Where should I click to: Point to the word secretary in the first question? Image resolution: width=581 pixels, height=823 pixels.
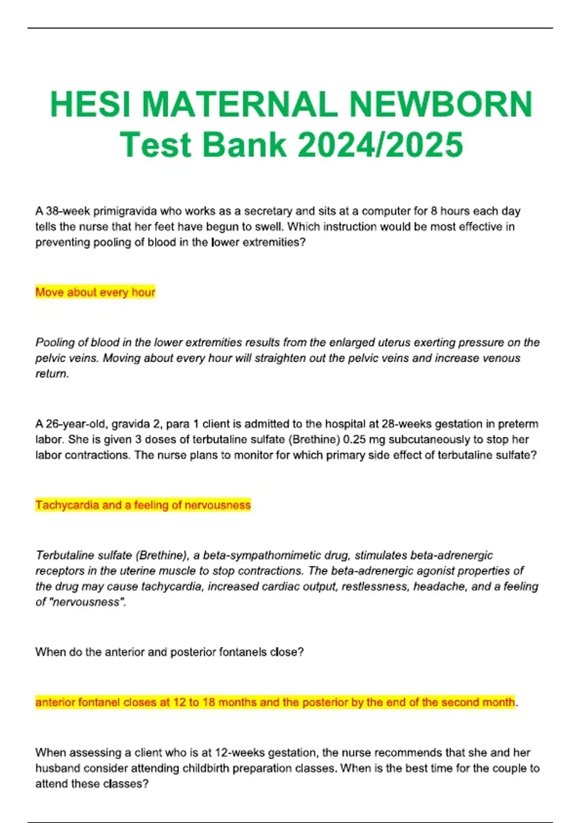point(268,211)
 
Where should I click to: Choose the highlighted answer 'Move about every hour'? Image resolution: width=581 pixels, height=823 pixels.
point(95,292)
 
